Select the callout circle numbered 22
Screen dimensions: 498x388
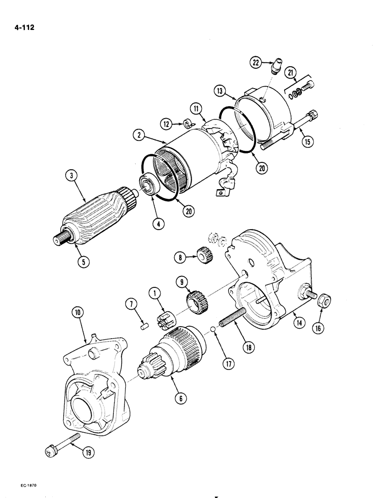[x=256, y=62]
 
